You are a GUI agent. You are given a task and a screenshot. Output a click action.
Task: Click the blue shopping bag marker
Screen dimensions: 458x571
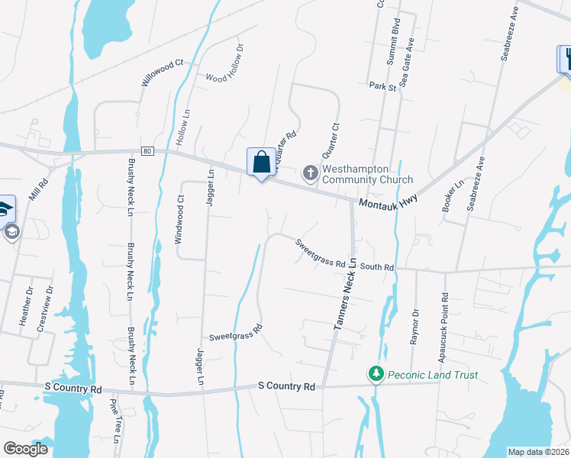click(x=261, y=163)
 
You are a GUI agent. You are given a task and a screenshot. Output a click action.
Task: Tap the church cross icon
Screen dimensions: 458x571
click(x=310, y=174)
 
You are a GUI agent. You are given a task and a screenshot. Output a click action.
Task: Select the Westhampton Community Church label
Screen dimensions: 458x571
click(x=356, y=174)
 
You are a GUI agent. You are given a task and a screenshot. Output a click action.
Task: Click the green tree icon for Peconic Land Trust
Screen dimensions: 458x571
click(x=376, y=374)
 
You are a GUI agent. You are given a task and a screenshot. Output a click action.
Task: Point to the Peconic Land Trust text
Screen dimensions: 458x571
click(x=433, y=375)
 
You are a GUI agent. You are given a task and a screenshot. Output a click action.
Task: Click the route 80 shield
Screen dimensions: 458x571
click(x=147, y=151)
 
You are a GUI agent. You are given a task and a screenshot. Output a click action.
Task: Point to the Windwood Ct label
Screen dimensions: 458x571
click(x=180, y=220)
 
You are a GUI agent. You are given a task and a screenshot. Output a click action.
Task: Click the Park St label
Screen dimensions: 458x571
click(x=382, y=87)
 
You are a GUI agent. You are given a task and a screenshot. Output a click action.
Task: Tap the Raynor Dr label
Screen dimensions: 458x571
click(x=416, y=327)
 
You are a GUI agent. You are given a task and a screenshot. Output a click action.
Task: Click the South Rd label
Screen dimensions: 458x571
click(x=376, y=267)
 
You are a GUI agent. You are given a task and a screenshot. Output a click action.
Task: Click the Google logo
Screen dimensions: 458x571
click(x=25, y=449)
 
